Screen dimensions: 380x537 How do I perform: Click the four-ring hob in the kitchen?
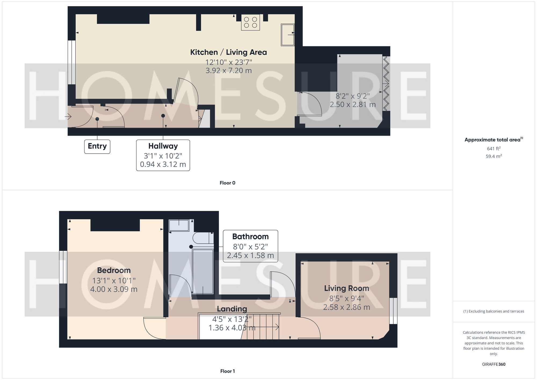click(x=250, y=23)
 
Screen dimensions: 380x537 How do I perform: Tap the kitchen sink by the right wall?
click(x=288, y=35)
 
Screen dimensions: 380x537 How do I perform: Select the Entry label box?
click(x=97, y=146)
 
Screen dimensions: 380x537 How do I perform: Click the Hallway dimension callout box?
click(x=163, y=155)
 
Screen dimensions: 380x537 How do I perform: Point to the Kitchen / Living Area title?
click(x=228, y=52)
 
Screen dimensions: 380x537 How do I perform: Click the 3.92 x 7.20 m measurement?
click(x=228, y=71)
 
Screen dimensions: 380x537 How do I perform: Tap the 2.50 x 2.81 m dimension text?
click(x=353, y=104)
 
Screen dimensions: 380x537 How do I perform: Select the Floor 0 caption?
click(x=227, y=183)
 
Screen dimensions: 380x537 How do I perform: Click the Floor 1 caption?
click(x=227, y=371)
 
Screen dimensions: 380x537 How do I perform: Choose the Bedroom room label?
click(x=114, y=270)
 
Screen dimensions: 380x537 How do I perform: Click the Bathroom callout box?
click(x=250, y=246)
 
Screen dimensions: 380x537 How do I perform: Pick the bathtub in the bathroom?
click(x=203, y=271)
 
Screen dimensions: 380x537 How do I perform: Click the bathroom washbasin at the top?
click(x=179, y=225)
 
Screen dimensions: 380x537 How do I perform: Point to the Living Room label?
click(x=346, y=288)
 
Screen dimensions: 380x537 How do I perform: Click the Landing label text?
click(x=232, y=309)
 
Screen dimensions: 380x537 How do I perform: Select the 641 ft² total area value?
click(x=494, y=149)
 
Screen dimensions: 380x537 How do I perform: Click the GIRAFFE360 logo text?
click(x=494, y=364)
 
